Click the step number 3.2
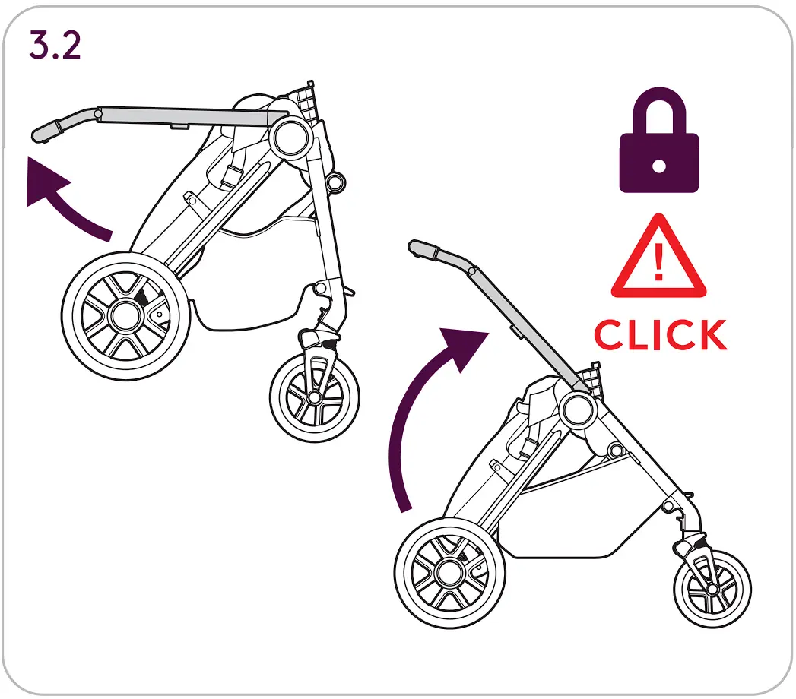pyautogui.click(x=55, y=46)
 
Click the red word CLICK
pyautogui.click(x=660, y=335)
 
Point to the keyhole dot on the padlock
pyautogui.click(x=659, y=166)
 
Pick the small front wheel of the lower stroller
pyautogui.click(x=712, y=589)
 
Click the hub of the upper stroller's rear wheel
pyautogui.click(x=122, y=314)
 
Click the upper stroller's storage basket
pyautogui.click(x=251, y=312)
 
